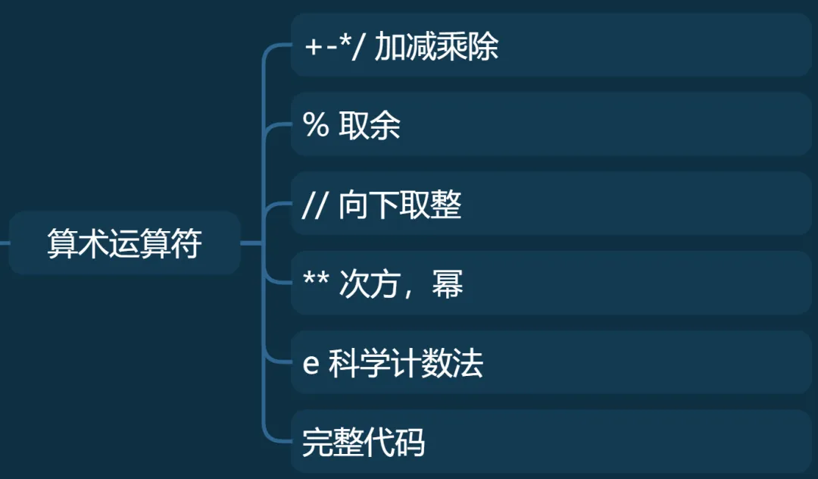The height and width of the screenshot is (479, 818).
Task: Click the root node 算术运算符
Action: [124, 243]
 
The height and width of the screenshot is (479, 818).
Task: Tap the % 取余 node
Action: [551, 125]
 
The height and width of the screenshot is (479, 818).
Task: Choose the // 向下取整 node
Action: [551, 205]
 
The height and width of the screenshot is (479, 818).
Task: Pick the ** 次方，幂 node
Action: [551, 283]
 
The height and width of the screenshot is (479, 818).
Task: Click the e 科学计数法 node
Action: [551, 363]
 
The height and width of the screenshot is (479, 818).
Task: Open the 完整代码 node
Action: [551, 442]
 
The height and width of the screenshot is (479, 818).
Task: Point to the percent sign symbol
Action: [315, 126]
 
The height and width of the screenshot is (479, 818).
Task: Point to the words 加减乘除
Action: [436, 47]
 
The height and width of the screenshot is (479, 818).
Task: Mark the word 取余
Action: [370, 126]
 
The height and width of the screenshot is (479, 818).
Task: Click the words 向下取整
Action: [400, 205]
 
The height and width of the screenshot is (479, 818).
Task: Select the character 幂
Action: [448, 284]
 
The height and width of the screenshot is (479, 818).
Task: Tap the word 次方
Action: [370, 284]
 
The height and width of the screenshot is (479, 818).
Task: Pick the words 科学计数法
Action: [405, 364]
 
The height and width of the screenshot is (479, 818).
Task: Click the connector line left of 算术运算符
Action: [5, 243]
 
